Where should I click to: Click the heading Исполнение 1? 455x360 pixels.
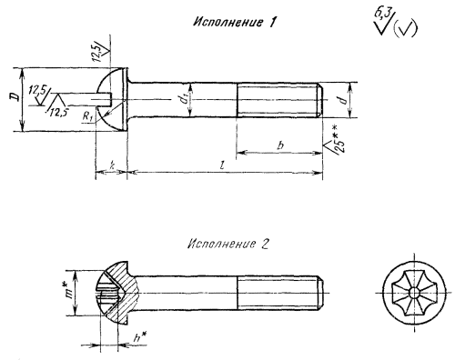235,23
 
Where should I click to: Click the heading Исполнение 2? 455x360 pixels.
228,244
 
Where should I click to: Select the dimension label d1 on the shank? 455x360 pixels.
184,99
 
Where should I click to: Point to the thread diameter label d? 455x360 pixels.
343,100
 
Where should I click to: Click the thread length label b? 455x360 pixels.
280,145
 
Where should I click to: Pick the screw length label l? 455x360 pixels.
223,165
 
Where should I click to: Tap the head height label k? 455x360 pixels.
112,165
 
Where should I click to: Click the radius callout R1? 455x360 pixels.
87,116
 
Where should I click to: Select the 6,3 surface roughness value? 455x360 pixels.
382,15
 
